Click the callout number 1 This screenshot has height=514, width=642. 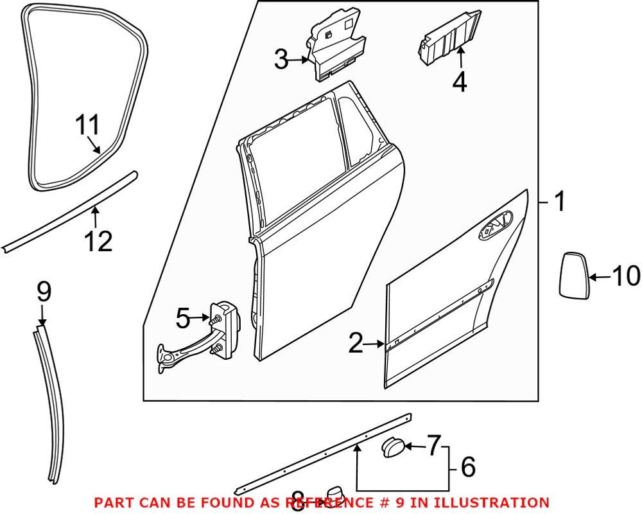tap(560, 202)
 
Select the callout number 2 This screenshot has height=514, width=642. tap(355, 344)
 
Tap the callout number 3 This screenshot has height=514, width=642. tap(281, 60)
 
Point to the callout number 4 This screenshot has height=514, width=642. tap(459, 83)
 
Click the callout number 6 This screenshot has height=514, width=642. tap(469, 467)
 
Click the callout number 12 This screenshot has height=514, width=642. tap(98, 241)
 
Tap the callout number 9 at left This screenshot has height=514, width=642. tap(42, 293)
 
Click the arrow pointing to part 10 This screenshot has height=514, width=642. tap(598, 278)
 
